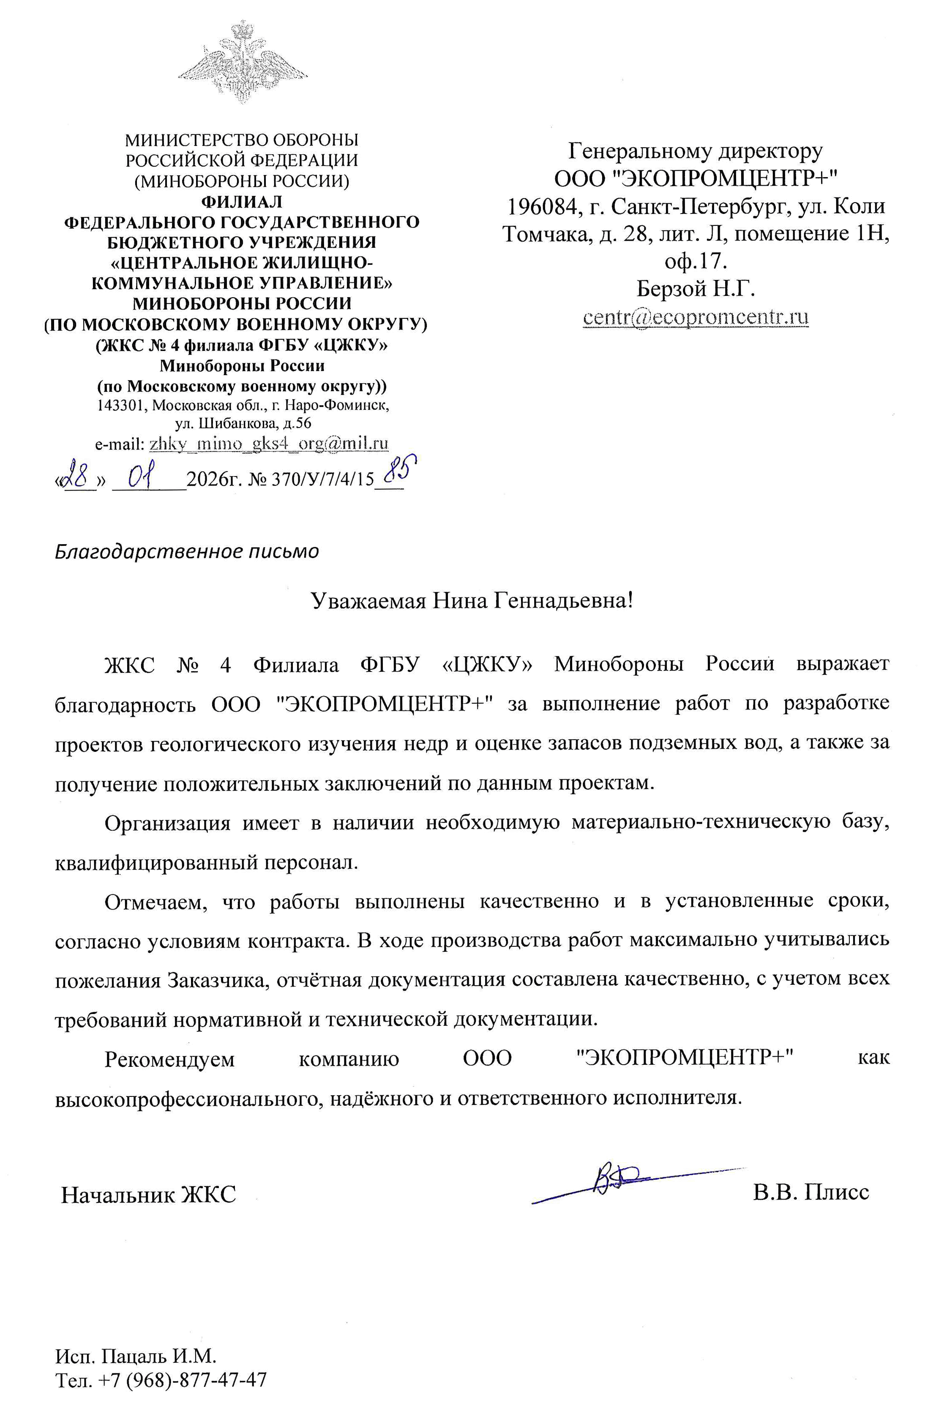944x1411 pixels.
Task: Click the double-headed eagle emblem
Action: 242,62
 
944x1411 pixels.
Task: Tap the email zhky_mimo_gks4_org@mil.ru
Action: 268,444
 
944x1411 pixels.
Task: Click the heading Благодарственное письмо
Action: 187,551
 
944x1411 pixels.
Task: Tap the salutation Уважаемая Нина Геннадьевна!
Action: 472,601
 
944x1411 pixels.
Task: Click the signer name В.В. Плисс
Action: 810,1192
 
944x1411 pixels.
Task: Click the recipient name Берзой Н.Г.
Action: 696,289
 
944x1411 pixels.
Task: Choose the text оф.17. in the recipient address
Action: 696,261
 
